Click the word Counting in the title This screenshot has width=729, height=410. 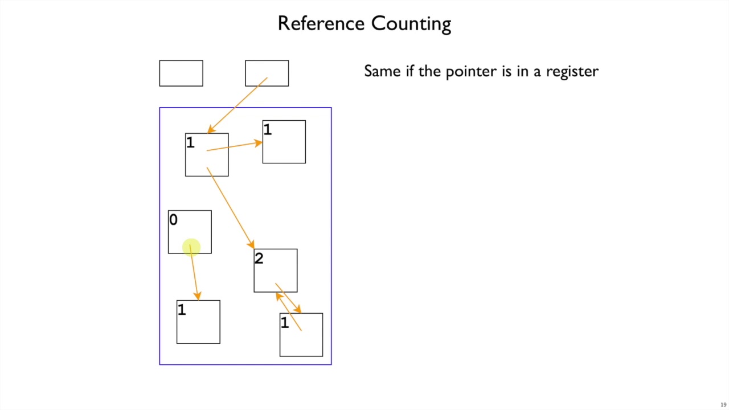[411, 24]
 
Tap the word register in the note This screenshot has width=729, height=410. [572, 71]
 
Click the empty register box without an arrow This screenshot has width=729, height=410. [181, 73]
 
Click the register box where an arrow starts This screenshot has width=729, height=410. [267, 73]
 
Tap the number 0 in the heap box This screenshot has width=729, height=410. [173, 220]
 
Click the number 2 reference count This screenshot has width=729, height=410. [259, 259]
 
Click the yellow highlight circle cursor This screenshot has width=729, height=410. [191, 247]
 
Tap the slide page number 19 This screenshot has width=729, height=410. [723, 405]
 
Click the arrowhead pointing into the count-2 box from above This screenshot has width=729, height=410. [251, 244]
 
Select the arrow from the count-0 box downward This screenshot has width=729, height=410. [194, 273]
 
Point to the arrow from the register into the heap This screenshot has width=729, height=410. [236, 105]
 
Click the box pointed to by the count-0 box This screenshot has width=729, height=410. [198, 322]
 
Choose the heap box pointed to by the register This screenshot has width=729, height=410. [207, 155]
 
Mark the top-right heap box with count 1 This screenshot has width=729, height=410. [284, 142]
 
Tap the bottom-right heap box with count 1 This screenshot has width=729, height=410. [301, 335]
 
